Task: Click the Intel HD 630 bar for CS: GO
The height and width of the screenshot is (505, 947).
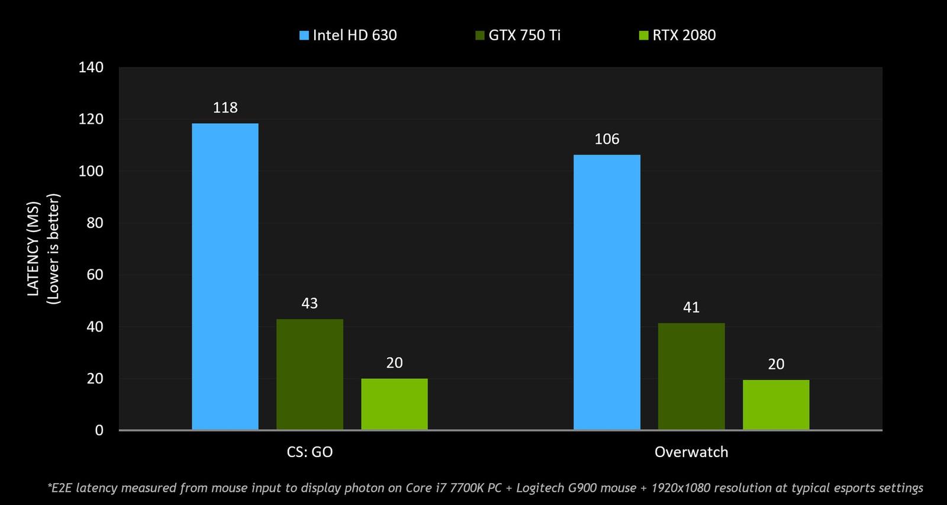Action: point(225,276)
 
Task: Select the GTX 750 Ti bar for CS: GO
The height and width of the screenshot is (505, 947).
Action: point(310,374)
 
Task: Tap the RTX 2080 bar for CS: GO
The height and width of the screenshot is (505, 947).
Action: point(394,404)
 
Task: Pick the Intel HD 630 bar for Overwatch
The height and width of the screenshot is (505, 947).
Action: point(607,292)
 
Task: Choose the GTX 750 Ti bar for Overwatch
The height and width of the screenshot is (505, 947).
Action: point(691,376)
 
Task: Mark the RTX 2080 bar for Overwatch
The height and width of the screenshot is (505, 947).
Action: point(776,404)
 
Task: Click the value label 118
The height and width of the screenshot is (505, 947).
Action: point(225,108)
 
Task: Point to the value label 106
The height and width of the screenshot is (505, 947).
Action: point(607,139)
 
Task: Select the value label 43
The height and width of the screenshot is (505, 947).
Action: point(310,304)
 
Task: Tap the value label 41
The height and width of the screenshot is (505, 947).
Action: point(691,307)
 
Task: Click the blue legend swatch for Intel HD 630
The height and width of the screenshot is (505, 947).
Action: point(304,36)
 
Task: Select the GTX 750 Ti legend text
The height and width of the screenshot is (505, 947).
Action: point(524,36)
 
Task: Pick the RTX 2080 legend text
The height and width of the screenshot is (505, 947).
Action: point(684,36)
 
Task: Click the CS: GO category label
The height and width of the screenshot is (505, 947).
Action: point(310,452)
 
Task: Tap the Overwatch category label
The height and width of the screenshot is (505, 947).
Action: point(691,452)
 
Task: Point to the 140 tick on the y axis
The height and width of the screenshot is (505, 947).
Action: point(91,67)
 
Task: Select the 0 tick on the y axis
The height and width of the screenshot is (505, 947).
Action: point(99,430)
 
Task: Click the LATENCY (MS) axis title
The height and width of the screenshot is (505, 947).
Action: point(33,249)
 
